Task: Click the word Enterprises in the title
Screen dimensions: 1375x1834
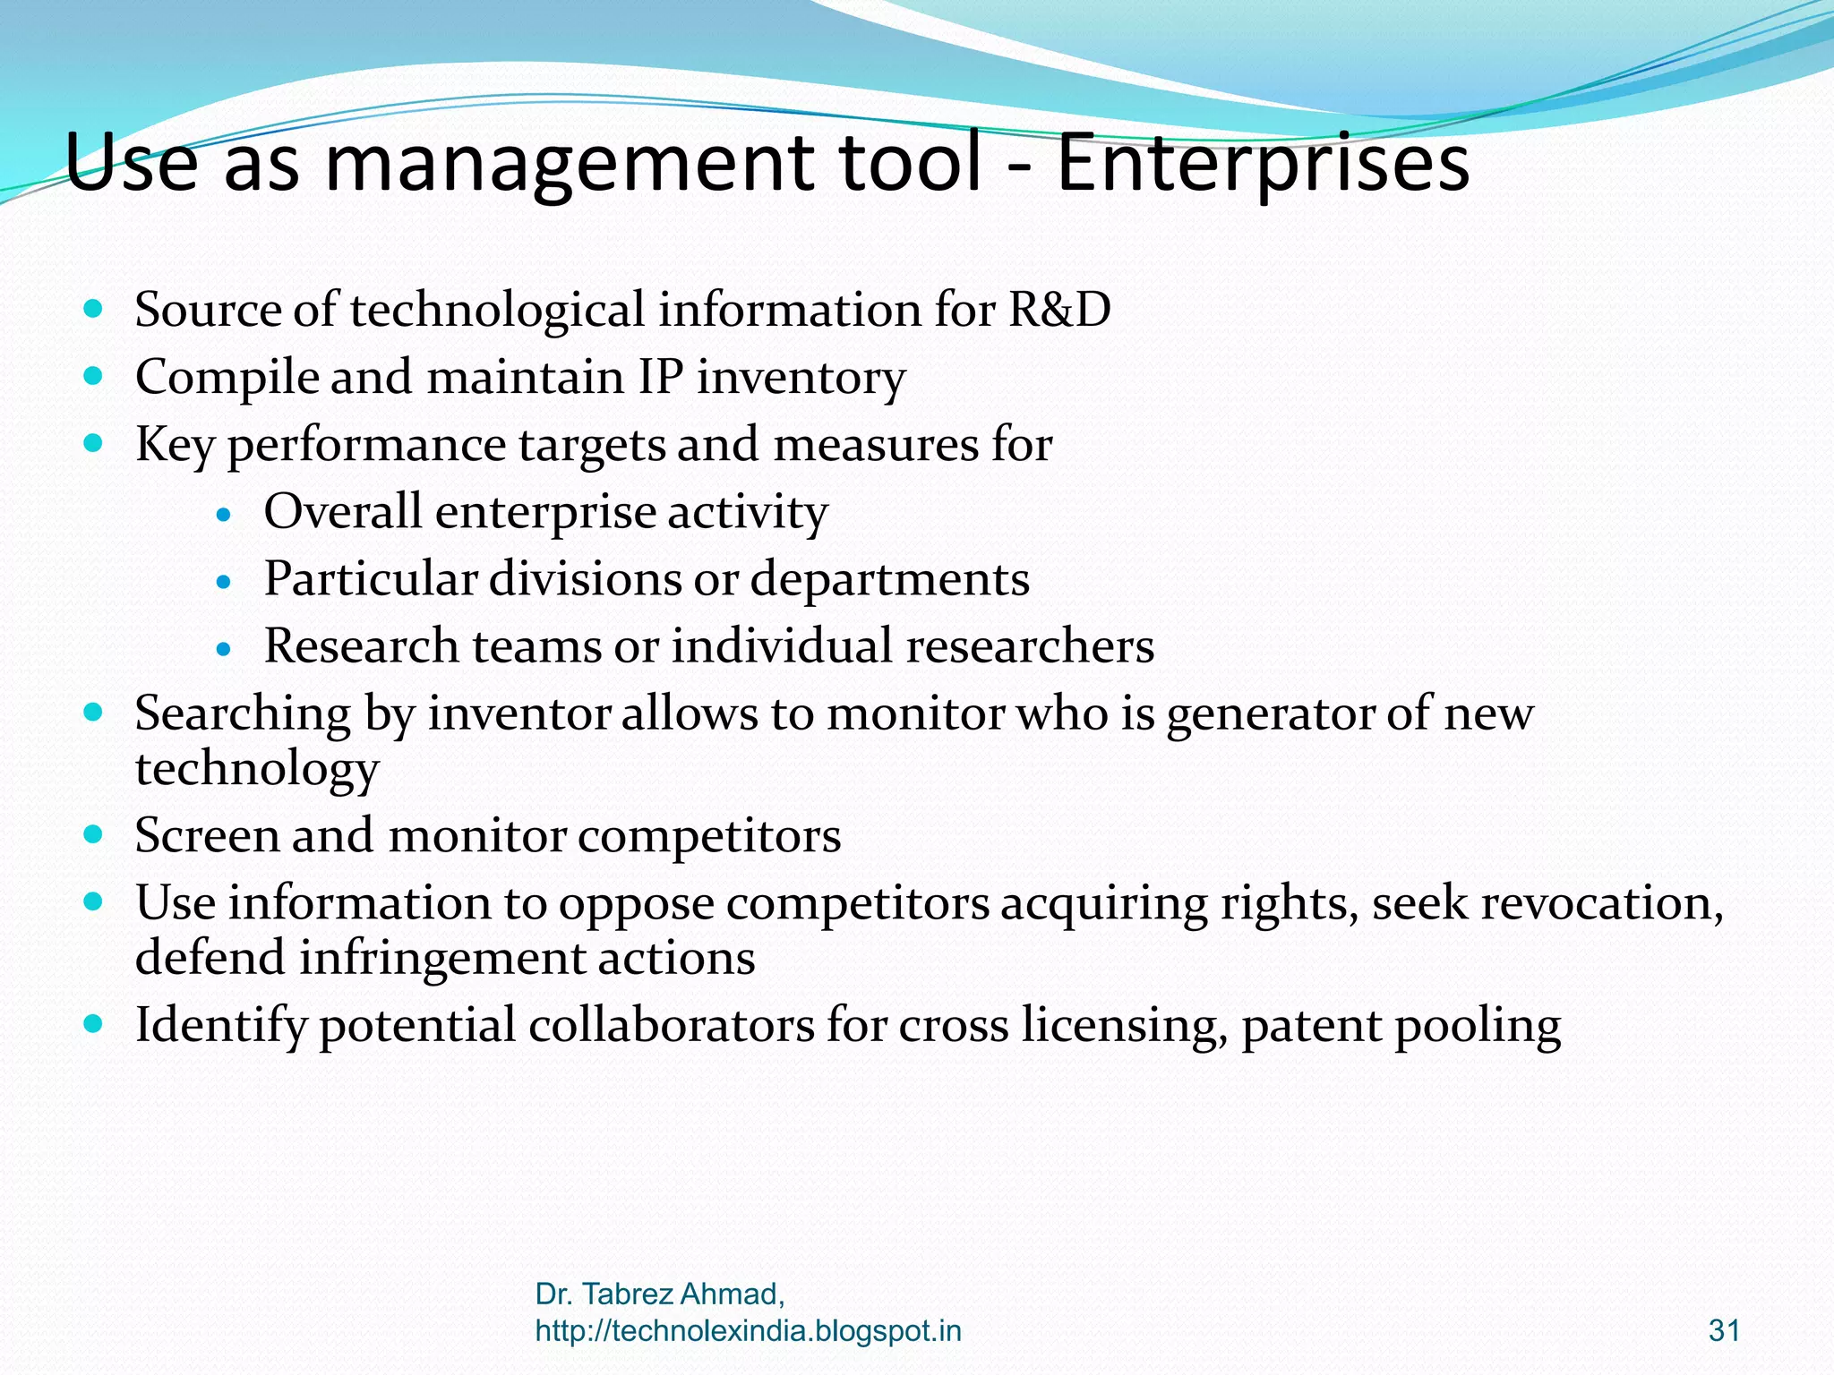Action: [x=1263, y=163]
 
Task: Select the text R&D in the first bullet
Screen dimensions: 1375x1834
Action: [x=1059, y=310]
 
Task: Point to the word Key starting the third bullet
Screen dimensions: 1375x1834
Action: [x=175, y=445]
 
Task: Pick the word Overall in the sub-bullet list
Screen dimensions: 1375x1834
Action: [x=343, y=511]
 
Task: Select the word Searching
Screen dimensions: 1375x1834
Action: [x=243, y=715]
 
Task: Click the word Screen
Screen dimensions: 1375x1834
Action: [x=208, y=836]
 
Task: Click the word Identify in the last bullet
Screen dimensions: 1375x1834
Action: [x=220, y=1026]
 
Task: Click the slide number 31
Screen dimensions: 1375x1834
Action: [x=1724, y=1330]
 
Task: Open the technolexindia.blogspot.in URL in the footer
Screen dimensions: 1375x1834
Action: [x=748, y=1331]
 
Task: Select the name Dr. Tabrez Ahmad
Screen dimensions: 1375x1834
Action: [x=659, y=1294]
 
